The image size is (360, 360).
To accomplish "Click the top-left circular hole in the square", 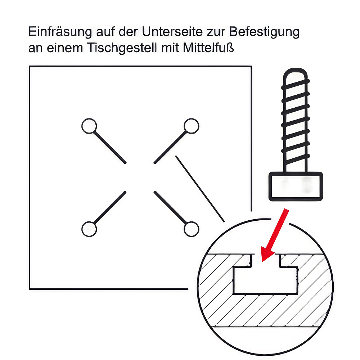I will [89, 126].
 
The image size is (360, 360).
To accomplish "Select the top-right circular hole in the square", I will [191, 126].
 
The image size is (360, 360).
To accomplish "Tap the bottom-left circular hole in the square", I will [89, 229].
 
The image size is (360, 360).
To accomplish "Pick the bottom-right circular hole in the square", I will [191, 229].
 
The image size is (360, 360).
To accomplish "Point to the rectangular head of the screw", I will [296, 186].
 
